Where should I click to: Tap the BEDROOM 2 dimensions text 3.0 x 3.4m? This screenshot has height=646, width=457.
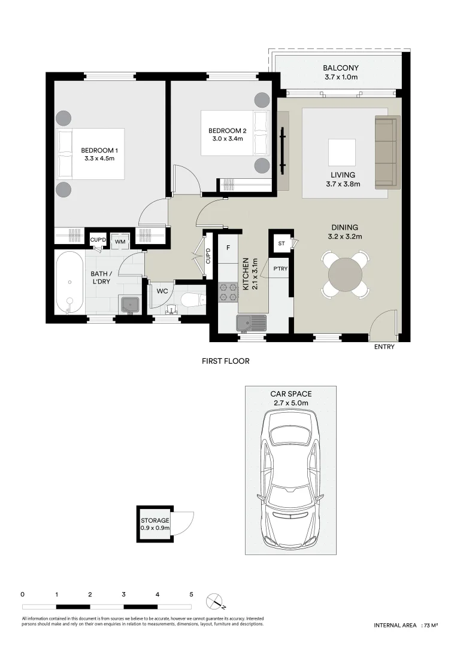pos(227,140)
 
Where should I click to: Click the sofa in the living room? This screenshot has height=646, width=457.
pos(386,151)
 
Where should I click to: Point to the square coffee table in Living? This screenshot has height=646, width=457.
pos(341,153)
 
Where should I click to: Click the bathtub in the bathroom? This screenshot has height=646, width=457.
pos(69,282)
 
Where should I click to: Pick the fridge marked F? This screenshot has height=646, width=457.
pos(228,246)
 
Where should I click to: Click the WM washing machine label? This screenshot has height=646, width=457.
pos(120,241)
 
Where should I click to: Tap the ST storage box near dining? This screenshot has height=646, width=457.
pos(281,243)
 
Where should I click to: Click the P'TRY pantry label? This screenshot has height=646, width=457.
pos(280,269)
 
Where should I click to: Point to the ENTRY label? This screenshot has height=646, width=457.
pos(384,348)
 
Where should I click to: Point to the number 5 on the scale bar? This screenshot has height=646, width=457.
pos(191,595)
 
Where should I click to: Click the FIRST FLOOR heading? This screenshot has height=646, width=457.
pos(225,361)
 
